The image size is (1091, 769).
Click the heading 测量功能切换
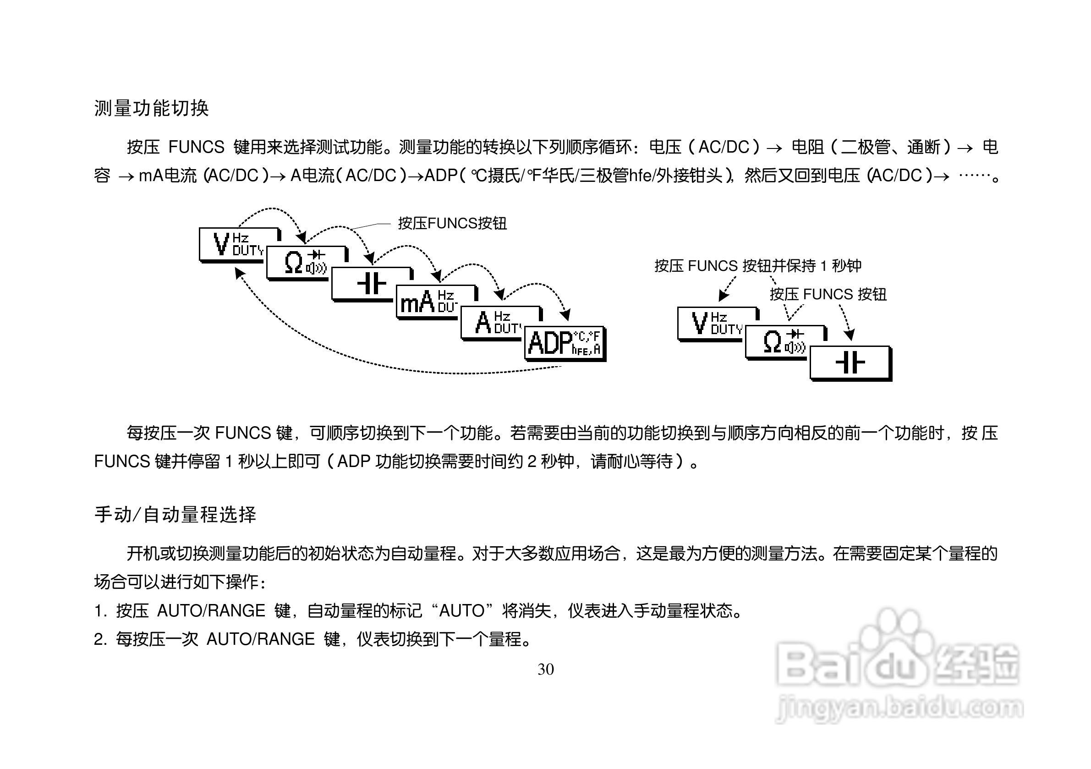pyautogui.click(x=151, y=108)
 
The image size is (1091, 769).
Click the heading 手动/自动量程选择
pyautogui.click(x=175, y=515)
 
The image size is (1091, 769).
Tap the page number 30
pyautogui.click(x=545, y=669)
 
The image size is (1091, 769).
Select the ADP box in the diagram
pyautogui.click(x=564, y=343)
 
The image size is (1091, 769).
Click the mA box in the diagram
pyautogui.click(x=427, y=302)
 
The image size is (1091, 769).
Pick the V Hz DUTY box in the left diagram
pyautogui.click(x=233, y=244)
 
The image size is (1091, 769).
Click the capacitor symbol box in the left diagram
pyautogui.click(x=371, y=284)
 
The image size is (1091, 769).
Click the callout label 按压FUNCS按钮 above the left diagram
pyautogui.click(x=452, y=223)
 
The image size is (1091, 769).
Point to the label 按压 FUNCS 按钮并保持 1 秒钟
pyautogui.click(x=757, y=266)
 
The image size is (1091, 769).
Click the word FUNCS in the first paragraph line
pyautogui.click(x=196, y=147)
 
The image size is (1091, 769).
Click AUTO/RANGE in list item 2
pyautogui.click(x=260, y=639)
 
